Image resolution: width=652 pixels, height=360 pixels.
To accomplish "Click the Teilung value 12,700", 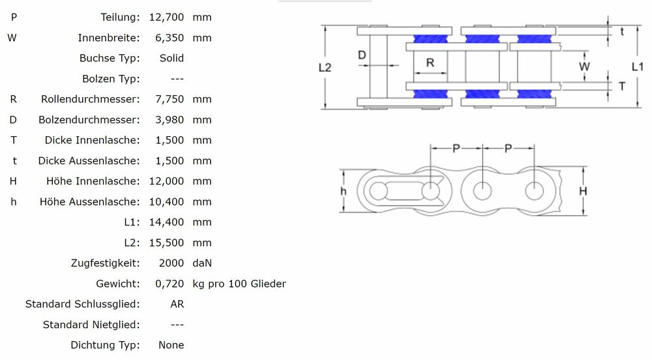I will click(166, 17).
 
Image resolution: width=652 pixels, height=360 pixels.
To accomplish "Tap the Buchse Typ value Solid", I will click(171, 58).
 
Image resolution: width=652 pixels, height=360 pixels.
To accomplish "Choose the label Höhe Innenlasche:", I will click(93, 181).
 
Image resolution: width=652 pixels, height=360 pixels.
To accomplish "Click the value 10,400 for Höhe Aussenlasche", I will click(166, 202).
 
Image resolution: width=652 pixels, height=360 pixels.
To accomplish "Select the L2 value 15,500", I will click(166, 243).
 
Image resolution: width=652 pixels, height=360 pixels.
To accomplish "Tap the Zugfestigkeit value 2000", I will click(171, 263).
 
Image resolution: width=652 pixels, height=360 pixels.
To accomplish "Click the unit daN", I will click(202, 263).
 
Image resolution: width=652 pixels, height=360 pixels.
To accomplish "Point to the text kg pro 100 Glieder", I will click(239, 284).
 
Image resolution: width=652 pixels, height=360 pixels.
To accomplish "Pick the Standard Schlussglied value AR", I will click(177, 304).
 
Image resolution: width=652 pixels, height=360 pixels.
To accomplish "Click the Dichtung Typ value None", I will click(171, 345).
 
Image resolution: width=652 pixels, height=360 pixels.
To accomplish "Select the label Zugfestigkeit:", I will click(105, 263).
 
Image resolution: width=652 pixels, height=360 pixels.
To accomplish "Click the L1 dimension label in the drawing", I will click(638, 67).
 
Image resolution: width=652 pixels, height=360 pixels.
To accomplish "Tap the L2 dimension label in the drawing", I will click(325, 67).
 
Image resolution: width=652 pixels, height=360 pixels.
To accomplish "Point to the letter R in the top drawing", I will click(430, 63).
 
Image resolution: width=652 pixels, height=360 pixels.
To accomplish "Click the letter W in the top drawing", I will click(584, 67).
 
